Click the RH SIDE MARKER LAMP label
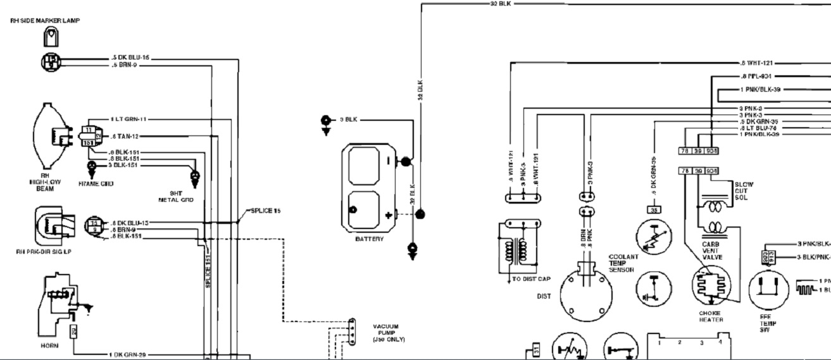(x=44, y=21)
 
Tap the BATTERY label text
(x=370, y=240)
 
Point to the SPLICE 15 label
(x=265, y=210)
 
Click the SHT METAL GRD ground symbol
(x=195, y=177)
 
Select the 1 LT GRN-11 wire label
(x=130, y=119)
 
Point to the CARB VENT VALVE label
(x=711, y=251)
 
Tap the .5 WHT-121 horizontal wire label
(x=756, y=63)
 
